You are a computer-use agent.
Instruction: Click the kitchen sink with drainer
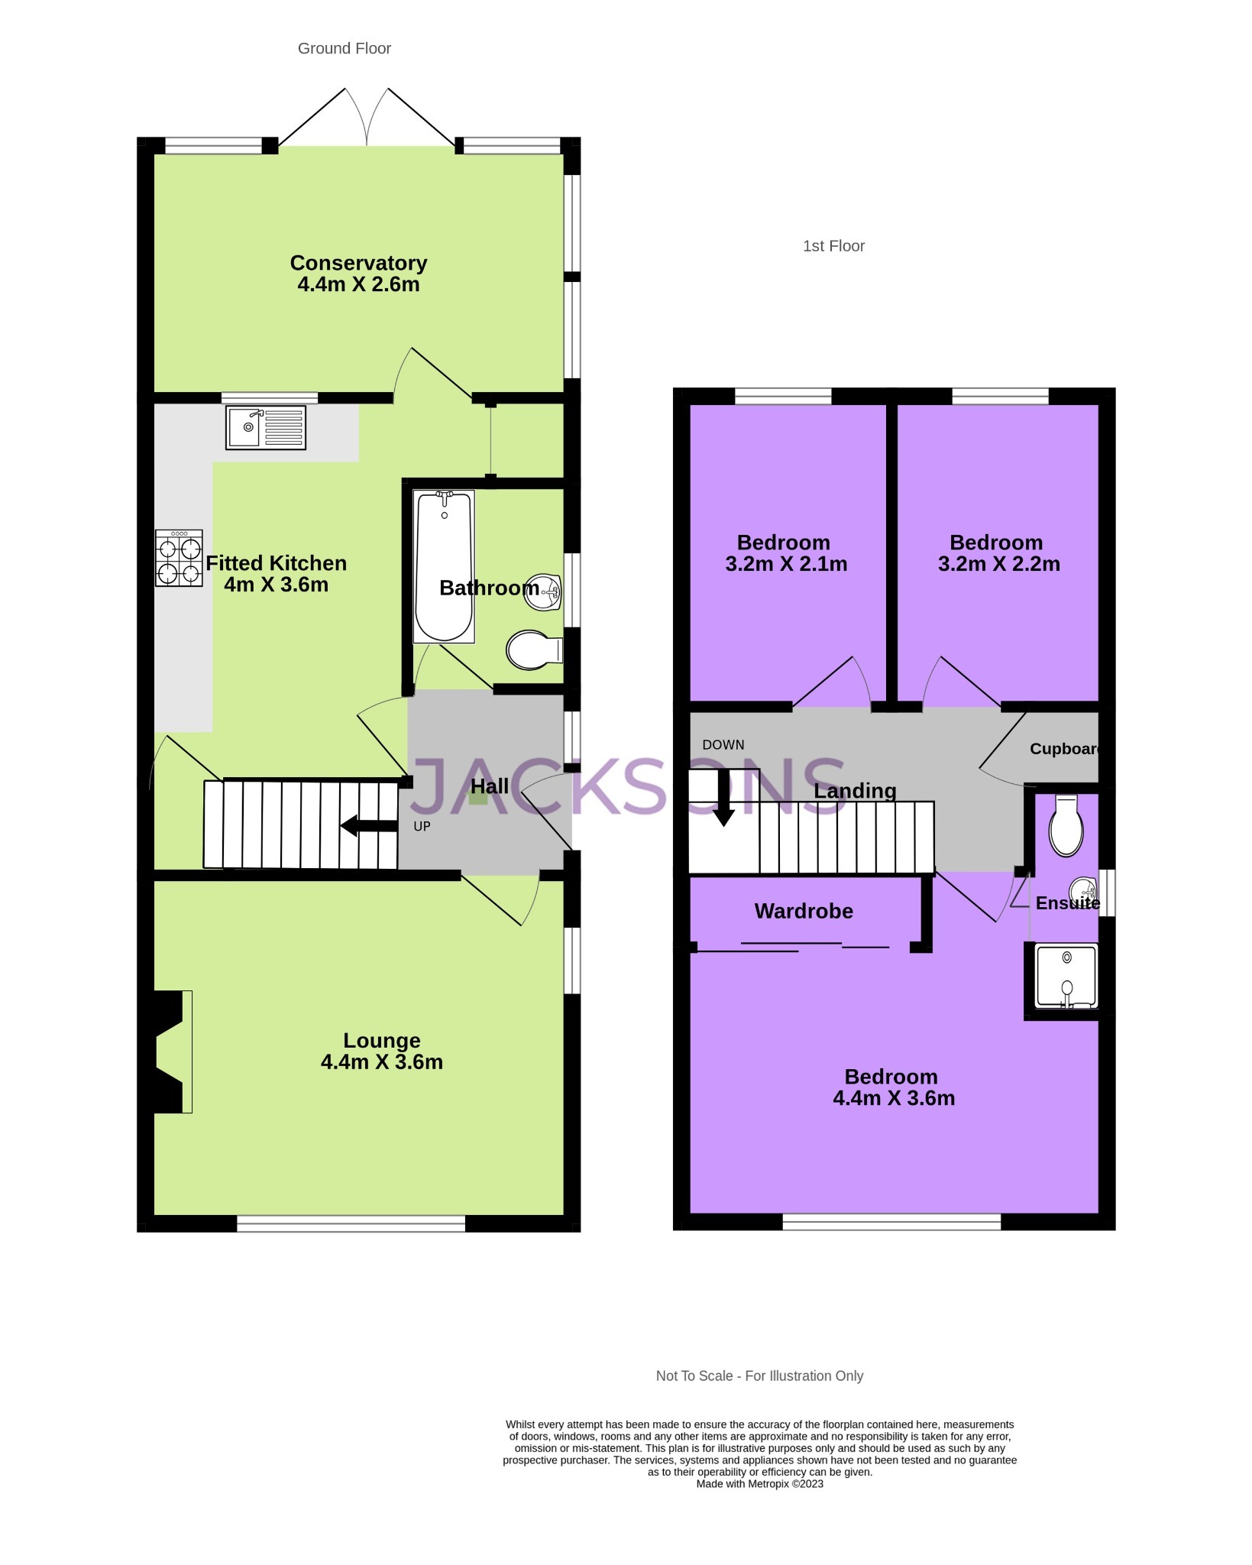coord(266,427)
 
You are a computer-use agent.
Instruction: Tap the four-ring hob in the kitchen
coord(179,558)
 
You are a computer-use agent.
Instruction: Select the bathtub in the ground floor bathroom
coord(444,566)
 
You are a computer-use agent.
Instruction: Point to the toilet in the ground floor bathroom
coord(535,650)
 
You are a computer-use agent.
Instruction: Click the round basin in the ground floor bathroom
coord(543,592)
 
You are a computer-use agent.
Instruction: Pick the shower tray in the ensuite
coord(1066,976)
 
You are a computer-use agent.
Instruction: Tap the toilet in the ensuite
coord(1066,825)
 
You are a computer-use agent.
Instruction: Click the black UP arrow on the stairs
coord(368,825)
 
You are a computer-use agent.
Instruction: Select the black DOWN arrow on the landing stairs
coord(723,798)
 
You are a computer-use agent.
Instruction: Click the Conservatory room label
coord(358,263)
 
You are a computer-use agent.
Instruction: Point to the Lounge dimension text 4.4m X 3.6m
coord(382,1061)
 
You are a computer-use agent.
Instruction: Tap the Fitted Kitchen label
coord(277,563)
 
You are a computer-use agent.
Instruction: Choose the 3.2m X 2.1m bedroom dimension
coord(786,564)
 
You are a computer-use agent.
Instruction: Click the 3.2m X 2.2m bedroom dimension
coord(999,564)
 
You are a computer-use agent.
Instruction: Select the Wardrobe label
coord(804,911)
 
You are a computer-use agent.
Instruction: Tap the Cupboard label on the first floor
coord(1064,749)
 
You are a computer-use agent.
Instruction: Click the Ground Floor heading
coord(345,48)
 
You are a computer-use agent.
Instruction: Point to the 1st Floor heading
coord(834,246)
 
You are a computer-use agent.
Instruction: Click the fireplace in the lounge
coord(173,1051)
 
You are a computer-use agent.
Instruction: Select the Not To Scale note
coord(759,1375)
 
